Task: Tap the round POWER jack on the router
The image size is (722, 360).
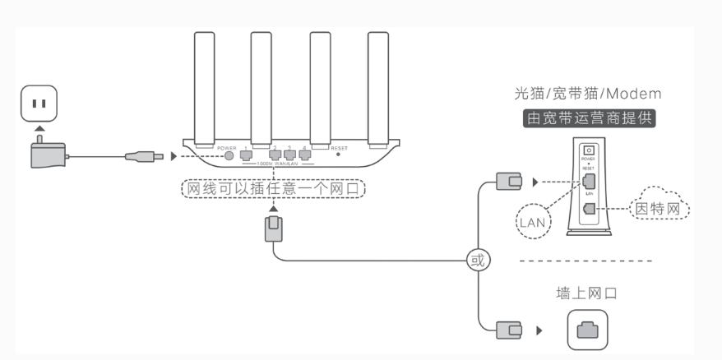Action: (228, 155)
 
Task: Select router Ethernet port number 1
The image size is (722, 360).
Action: (245, 155)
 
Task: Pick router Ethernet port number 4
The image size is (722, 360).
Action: (304, 155)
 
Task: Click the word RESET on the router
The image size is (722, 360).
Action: (339, 148)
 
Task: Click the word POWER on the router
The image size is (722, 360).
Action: (227, 148)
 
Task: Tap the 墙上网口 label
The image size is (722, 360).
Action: (587, 293)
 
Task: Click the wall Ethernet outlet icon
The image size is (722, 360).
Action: (586, 330)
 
